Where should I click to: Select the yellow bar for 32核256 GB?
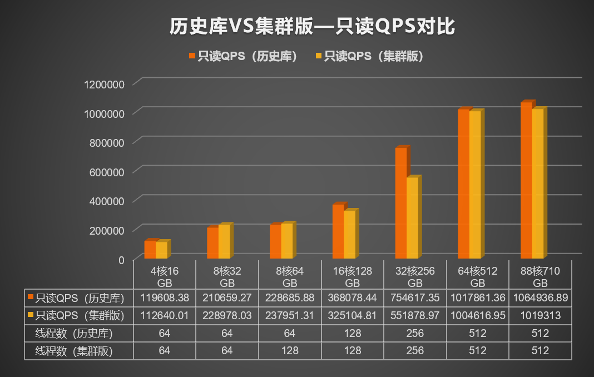click(412, 218)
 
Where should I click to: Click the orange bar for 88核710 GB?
click(526, 181)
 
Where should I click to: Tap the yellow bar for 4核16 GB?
click(161, 250)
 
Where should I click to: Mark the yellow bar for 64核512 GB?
click(475, 185)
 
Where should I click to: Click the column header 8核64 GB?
click(290, 276)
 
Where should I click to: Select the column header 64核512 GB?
click(478, 276)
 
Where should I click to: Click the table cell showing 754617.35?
click(415, 298)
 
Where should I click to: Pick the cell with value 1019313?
click(541, 315)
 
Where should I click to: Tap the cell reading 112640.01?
click(164, 315)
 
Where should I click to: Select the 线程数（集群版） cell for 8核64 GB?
click(290, 351)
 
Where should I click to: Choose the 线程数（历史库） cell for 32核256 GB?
click(415, 333)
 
